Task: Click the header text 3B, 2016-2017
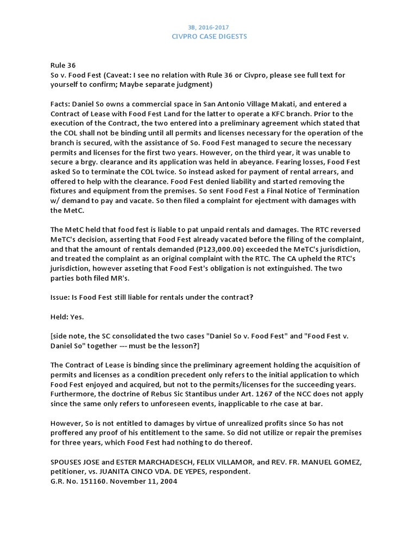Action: (x=208, y=26)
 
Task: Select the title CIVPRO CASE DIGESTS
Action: (x=208, y=36)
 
